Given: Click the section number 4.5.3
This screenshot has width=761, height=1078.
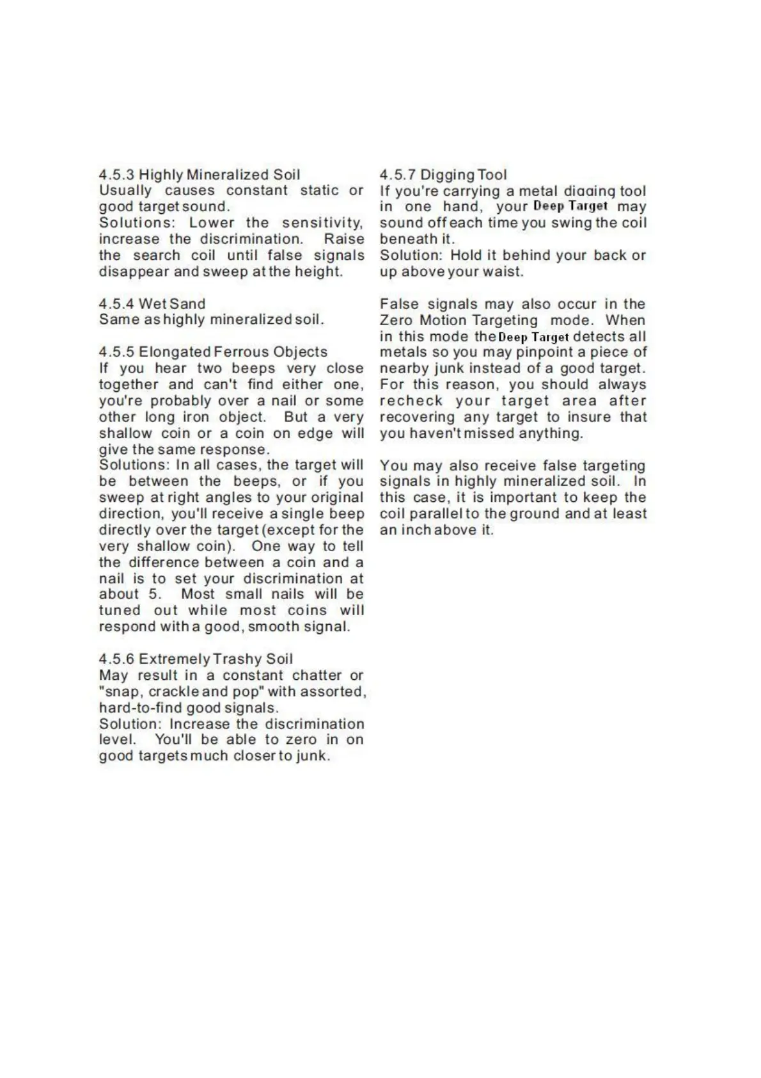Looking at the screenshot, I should point(117,174).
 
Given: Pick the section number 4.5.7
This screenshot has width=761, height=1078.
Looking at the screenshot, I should point(398,174).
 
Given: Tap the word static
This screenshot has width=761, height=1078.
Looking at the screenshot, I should point(319,190).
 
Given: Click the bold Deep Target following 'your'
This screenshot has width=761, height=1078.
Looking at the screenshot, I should point(570,206).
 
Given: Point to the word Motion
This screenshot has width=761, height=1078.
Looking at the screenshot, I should point(446,320).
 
